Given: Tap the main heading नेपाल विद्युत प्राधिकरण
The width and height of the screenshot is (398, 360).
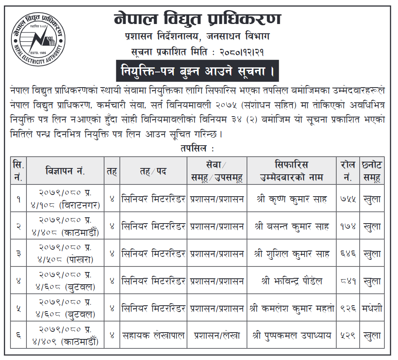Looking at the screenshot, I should coord(197,19).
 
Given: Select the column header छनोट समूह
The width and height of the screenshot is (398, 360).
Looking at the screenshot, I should coord(372,171).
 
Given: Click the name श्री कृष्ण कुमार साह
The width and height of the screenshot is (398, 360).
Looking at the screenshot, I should coord(291,199).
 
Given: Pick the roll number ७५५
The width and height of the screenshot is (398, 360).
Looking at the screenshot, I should coord(348,199).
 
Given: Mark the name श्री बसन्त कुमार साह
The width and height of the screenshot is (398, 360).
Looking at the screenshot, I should coord(291,227).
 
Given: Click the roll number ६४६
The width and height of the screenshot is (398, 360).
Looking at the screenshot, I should coord(348,254).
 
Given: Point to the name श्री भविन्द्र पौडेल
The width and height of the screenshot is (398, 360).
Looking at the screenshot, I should coord(291,281).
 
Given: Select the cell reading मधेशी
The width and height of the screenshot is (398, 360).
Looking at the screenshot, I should coord(372,308).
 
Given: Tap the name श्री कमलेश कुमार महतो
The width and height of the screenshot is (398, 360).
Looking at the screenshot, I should coord(291,308).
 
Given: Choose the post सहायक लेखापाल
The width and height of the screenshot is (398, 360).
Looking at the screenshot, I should coord(153,336).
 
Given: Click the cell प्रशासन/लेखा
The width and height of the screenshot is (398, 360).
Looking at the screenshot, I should coord(217,336).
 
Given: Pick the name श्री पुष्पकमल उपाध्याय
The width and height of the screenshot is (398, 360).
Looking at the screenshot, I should coord(291,336).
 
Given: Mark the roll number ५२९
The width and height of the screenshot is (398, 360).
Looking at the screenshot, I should coord(348,336).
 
